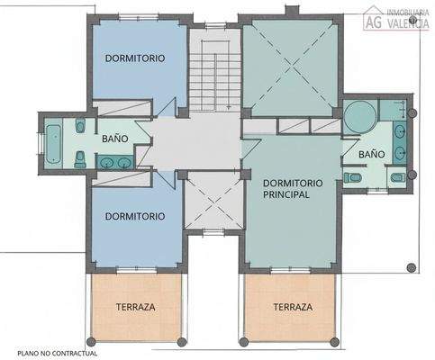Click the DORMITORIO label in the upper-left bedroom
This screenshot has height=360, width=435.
(134, 57)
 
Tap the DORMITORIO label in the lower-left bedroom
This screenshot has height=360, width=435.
(134, 216)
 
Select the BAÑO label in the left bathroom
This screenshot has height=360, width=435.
(114, 139)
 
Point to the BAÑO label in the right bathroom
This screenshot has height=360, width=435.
(371, 154)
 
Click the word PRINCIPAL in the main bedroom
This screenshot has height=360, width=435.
(286, 193)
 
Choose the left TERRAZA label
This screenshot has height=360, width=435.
(135, 307)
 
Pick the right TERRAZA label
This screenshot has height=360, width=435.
(293, 307)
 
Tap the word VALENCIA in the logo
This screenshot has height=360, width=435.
(408, 24)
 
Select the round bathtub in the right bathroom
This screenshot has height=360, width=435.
(358, 116)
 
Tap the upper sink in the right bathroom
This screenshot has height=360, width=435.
(400, 134)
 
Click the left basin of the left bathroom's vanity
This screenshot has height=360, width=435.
(106, 163)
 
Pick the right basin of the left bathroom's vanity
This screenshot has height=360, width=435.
(125, 163)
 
